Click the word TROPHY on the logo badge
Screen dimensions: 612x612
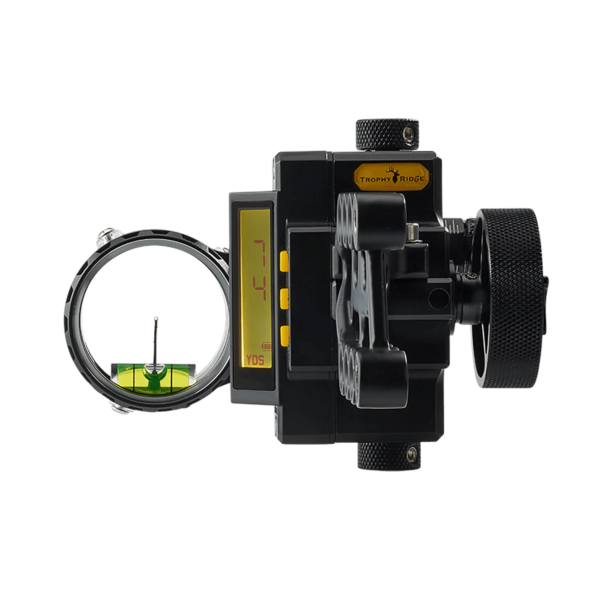tap(375, 179)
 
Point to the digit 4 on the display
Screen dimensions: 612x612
tap(260, 289)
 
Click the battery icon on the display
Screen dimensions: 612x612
tap(267, 346)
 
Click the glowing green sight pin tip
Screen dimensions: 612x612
tap(156, 319)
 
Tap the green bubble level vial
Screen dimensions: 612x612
tap(153, 376)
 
